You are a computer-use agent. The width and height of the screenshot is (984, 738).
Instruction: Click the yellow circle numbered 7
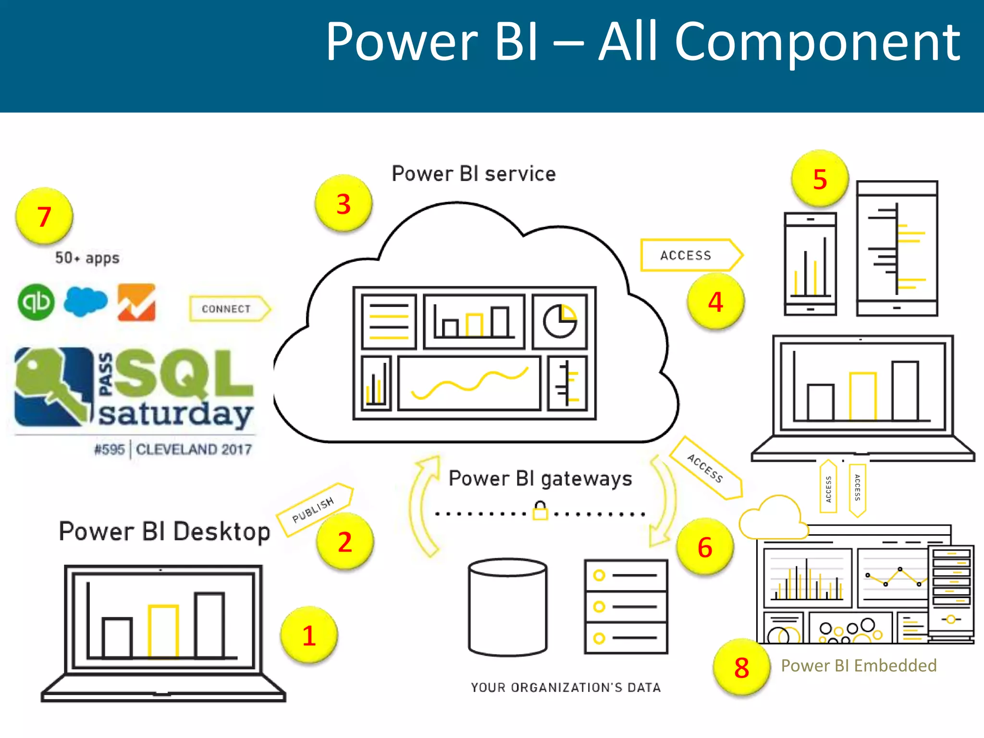[x=44, y=216]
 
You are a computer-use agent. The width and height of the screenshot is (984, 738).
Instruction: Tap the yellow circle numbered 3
[x=343, y=204]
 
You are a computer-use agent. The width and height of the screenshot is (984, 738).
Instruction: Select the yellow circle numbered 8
[x=741, y=667]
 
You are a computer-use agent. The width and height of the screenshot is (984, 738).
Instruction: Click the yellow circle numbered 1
[x=309, y=635]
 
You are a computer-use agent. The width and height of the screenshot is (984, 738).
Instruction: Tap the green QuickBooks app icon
[x=36, y=302]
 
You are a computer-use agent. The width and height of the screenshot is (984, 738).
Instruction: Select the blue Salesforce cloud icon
[x=86, y=301]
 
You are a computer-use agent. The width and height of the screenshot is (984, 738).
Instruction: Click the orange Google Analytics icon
[x=136, y=302]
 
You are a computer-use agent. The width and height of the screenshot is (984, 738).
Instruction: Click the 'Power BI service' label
[x=474, y=174]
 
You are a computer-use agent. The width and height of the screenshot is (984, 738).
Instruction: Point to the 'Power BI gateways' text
[x=540, y=479]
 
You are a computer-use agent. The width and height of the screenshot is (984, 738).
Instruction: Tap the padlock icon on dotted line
[x=540, y=511]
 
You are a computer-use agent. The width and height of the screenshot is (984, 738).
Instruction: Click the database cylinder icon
[x=508, y=607]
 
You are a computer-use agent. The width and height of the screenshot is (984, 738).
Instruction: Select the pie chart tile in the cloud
[x=560, y=321]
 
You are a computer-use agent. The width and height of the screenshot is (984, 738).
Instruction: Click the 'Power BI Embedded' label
[x=859, y=665]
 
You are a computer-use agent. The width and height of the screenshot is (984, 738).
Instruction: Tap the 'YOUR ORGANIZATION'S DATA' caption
[x=566, y=688]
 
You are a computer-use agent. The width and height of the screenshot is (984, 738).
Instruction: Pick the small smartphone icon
[x=810, y=264]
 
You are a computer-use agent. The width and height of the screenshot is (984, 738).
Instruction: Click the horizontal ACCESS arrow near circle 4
[x=689, y=255]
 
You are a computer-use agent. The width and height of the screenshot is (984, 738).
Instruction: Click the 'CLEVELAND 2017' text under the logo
[x=194, y=450]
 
